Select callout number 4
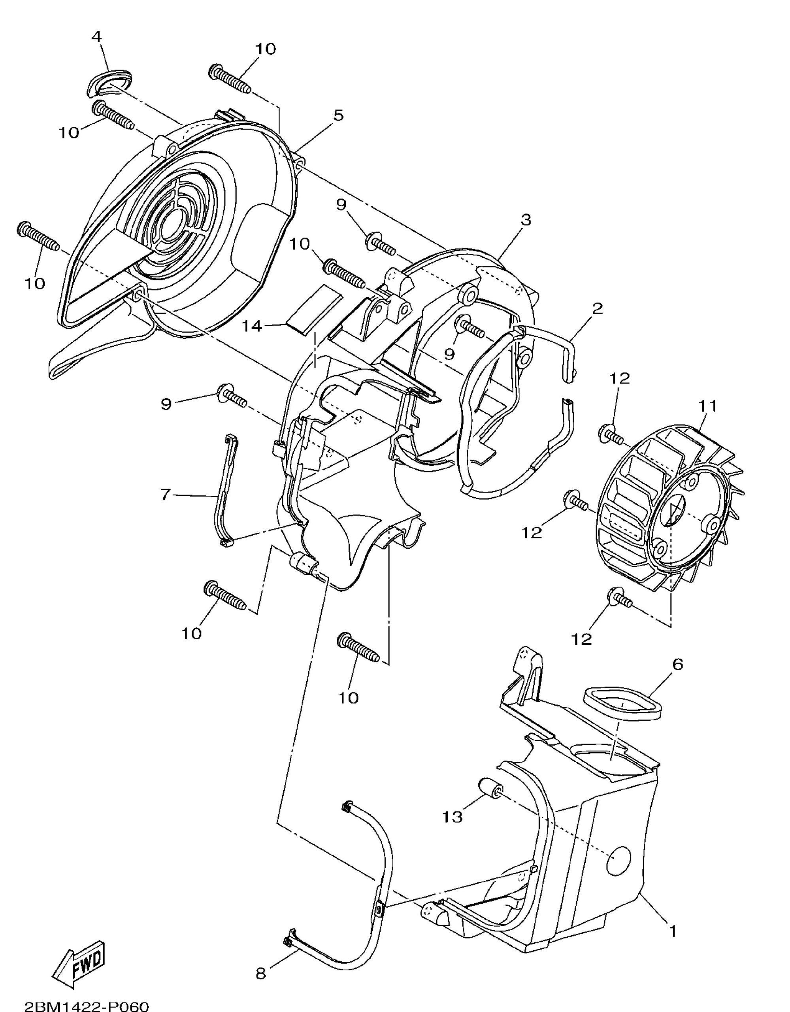[96, 37]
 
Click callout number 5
[338, 115]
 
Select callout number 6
[677, 665]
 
